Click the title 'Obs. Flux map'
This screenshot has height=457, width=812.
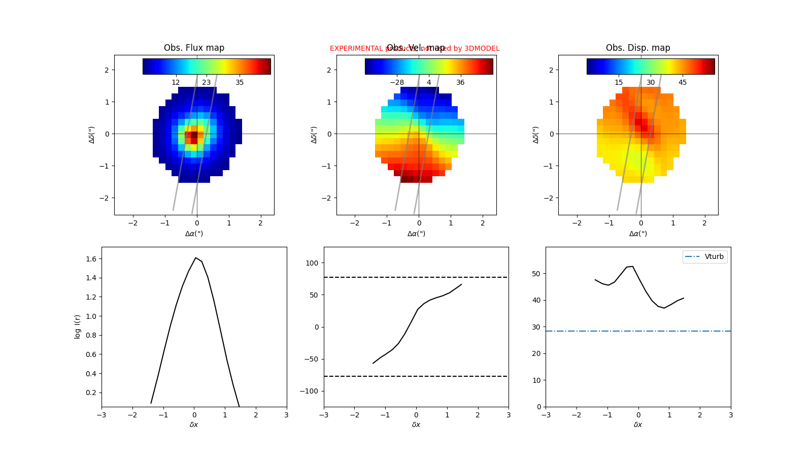coord(194,48)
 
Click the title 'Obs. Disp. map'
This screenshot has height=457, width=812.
coord(638,48)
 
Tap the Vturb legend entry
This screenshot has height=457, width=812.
coord(705,256)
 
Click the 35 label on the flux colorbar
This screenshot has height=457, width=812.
coord(240,82)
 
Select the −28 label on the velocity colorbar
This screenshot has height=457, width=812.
coord(397,82)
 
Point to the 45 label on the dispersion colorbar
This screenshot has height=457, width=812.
coord(683,82)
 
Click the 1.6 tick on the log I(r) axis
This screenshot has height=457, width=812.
coord(91,259)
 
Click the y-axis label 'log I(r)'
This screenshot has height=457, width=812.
coord(78,327)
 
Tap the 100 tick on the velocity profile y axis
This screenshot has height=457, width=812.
coord(313,263)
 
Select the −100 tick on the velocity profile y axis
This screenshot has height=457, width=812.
coord(311,391)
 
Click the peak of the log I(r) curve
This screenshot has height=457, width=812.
coord(195,258)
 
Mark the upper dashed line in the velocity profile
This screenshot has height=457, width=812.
coord(416,277)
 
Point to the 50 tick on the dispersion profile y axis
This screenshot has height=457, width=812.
coord(537,274)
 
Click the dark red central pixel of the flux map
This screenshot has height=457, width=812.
coord(194,135)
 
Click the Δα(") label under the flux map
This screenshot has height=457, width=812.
coord(194,234)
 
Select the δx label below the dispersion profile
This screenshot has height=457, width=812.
coord(638,425)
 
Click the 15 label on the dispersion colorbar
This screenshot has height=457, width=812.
coord(619,82)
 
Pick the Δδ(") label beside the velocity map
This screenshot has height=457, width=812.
coord(314,135)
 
